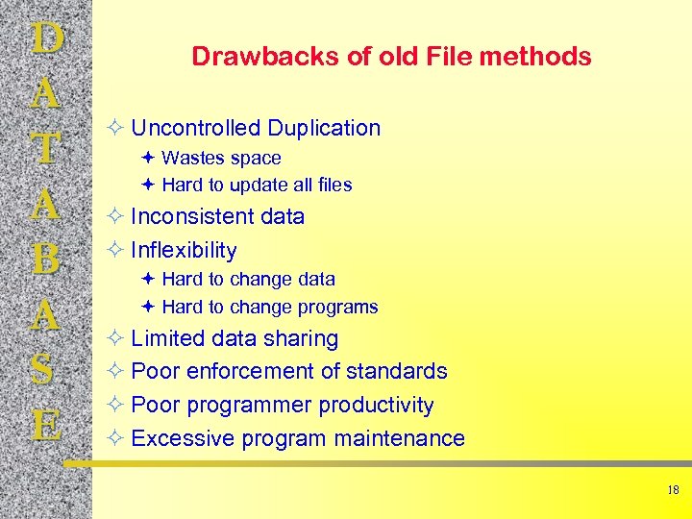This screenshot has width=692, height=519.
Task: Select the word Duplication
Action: pyautogui.click(x=324, y=128)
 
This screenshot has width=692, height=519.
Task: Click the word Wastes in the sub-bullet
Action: pyautogui.click(x=191, y=158)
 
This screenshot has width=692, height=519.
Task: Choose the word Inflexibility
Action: pyautogui.click(x=184, y=250)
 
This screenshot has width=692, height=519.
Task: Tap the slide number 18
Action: pyautogui.click(x=672, y=490)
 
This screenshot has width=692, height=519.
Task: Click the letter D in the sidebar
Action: pyautogui.click(x=47, y=40)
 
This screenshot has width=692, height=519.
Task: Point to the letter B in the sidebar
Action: pyautogui.click(x=47, y=259)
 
